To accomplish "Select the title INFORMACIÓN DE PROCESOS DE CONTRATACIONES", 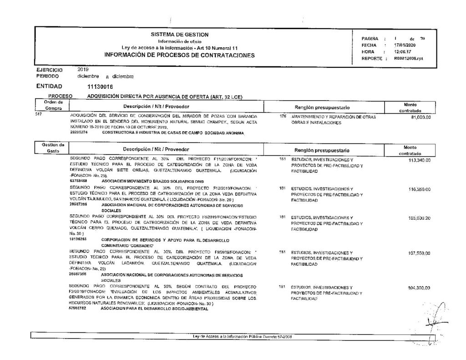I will pyautogui.click(x=179, y=55).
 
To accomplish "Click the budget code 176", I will pyautogui.click(x=283, y=117).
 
